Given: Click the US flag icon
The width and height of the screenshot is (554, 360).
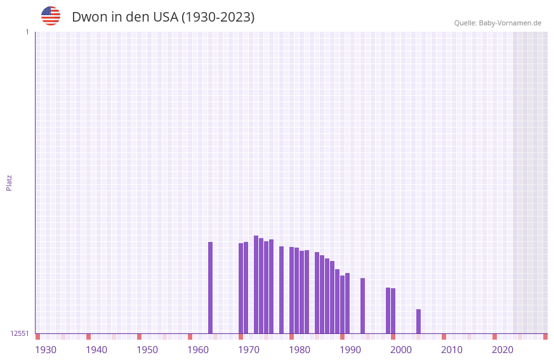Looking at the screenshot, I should point(51,16).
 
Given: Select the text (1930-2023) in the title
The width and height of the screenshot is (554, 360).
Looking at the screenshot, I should point(218,17).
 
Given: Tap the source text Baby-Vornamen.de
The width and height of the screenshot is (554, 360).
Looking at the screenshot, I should point(510,23).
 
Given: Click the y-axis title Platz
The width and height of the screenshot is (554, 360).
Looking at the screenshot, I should point(9,182).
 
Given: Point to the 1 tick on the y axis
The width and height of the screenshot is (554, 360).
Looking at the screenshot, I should point(27,32).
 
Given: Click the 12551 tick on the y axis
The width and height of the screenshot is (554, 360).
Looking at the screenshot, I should point(19,333).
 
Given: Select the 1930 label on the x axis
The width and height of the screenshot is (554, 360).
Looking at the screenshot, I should point(46,350).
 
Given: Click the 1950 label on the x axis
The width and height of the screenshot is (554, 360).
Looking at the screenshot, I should point(147,350).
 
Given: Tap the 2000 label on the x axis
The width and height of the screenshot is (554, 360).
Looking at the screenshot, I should point(401,350).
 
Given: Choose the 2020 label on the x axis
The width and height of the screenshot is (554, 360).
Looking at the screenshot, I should point(503,350).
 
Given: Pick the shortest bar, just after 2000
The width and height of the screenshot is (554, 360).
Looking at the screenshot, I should point(418,321).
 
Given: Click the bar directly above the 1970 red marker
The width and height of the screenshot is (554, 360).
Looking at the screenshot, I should point(241,288).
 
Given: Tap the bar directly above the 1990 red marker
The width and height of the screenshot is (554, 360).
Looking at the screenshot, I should point(342,304).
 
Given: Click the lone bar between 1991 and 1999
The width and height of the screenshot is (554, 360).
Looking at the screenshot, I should point(362,305).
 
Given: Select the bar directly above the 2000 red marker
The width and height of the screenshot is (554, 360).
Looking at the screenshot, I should point(393,310).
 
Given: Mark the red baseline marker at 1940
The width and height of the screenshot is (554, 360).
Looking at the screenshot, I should point(88,337).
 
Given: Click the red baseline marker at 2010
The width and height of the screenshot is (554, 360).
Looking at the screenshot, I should point(444,337).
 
